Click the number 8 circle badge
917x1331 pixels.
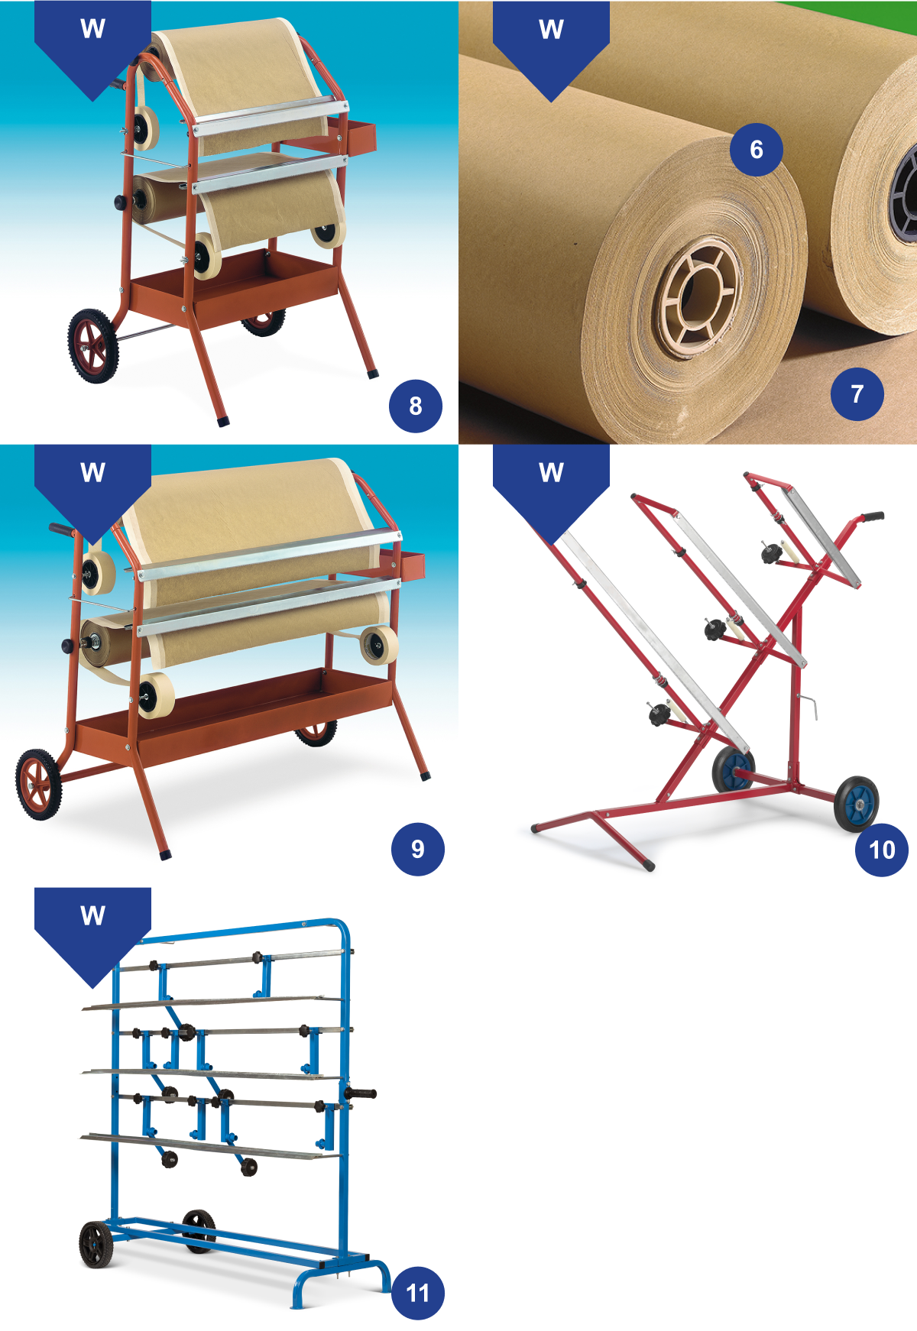[x=416, y=406]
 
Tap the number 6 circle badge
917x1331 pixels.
[x=757, y=149]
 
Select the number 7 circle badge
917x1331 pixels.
[x=857, y=393]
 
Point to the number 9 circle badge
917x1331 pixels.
[x=418, y=849]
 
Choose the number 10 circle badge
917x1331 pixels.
[x=882, y=850]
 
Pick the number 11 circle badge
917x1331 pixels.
[x=418, y=1293]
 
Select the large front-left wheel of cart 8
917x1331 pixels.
[x=93, y=345]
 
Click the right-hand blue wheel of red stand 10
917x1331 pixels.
[x=857, y=804]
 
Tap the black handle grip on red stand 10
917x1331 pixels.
[x=871, y=517]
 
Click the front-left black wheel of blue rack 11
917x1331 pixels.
[x=96, y=1244]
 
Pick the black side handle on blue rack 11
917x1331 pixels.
[x=361, y=1094]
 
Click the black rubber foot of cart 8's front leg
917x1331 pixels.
[x=223, y=420]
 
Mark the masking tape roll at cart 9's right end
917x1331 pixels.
[x=379, y=645]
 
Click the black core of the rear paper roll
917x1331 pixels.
[x=906, y=195]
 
